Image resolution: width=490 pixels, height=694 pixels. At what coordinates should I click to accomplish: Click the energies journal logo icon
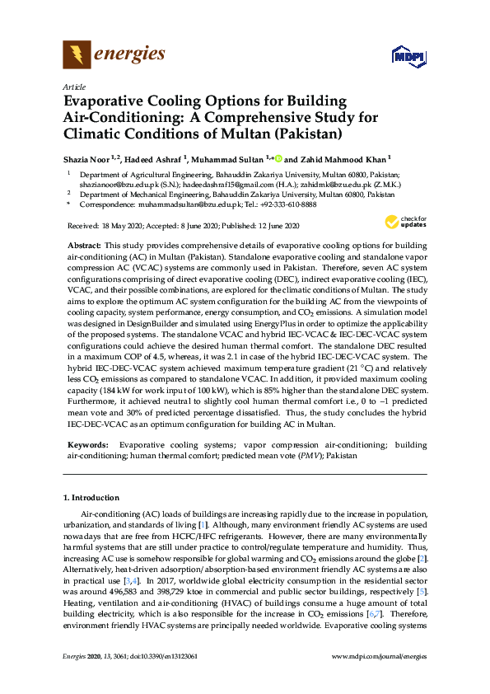77,55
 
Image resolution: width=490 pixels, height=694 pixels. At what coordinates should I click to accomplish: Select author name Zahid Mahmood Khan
348,158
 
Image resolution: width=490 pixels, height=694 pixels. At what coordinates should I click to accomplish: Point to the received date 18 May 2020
109,226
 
